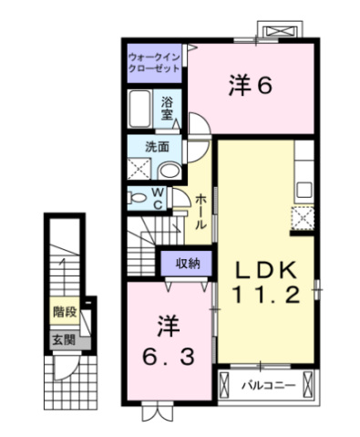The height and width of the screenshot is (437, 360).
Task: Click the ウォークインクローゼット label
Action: tap(154, 63)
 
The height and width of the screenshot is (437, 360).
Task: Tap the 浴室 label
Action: tap(167, 108)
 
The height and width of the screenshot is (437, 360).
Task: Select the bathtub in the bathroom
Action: tap(139, 109)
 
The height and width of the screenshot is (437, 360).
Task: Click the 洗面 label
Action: tap(157, 147)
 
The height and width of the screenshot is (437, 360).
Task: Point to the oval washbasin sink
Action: tap(170, 171)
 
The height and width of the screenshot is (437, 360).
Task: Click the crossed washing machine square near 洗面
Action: tap(139, 169)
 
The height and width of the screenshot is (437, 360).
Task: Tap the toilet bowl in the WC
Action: tap(138, 198)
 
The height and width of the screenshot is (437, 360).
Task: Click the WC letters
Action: tap(158, 199)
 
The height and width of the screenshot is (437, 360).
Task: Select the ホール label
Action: tap(201, 212)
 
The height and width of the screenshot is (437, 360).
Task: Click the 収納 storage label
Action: tap(188, 263)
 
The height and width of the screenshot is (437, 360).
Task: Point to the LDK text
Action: tap(266, 270)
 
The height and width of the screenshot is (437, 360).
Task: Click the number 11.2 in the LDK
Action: tap(267, 295)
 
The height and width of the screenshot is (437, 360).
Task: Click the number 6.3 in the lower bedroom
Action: tap(169, 358)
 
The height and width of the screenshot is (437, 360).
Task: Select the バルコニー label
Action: tap(269, 386)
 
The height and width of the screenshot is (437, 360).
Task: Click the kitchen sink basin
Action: tap(304, 190)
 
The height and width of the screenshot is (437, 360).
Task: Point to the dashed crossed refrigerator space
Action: tap(302, 218)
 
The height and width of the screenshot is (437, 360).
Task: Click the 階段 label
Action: tap(65, 312)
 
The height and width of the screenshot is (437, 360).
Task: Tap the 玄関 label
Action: tap(64, 340)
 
